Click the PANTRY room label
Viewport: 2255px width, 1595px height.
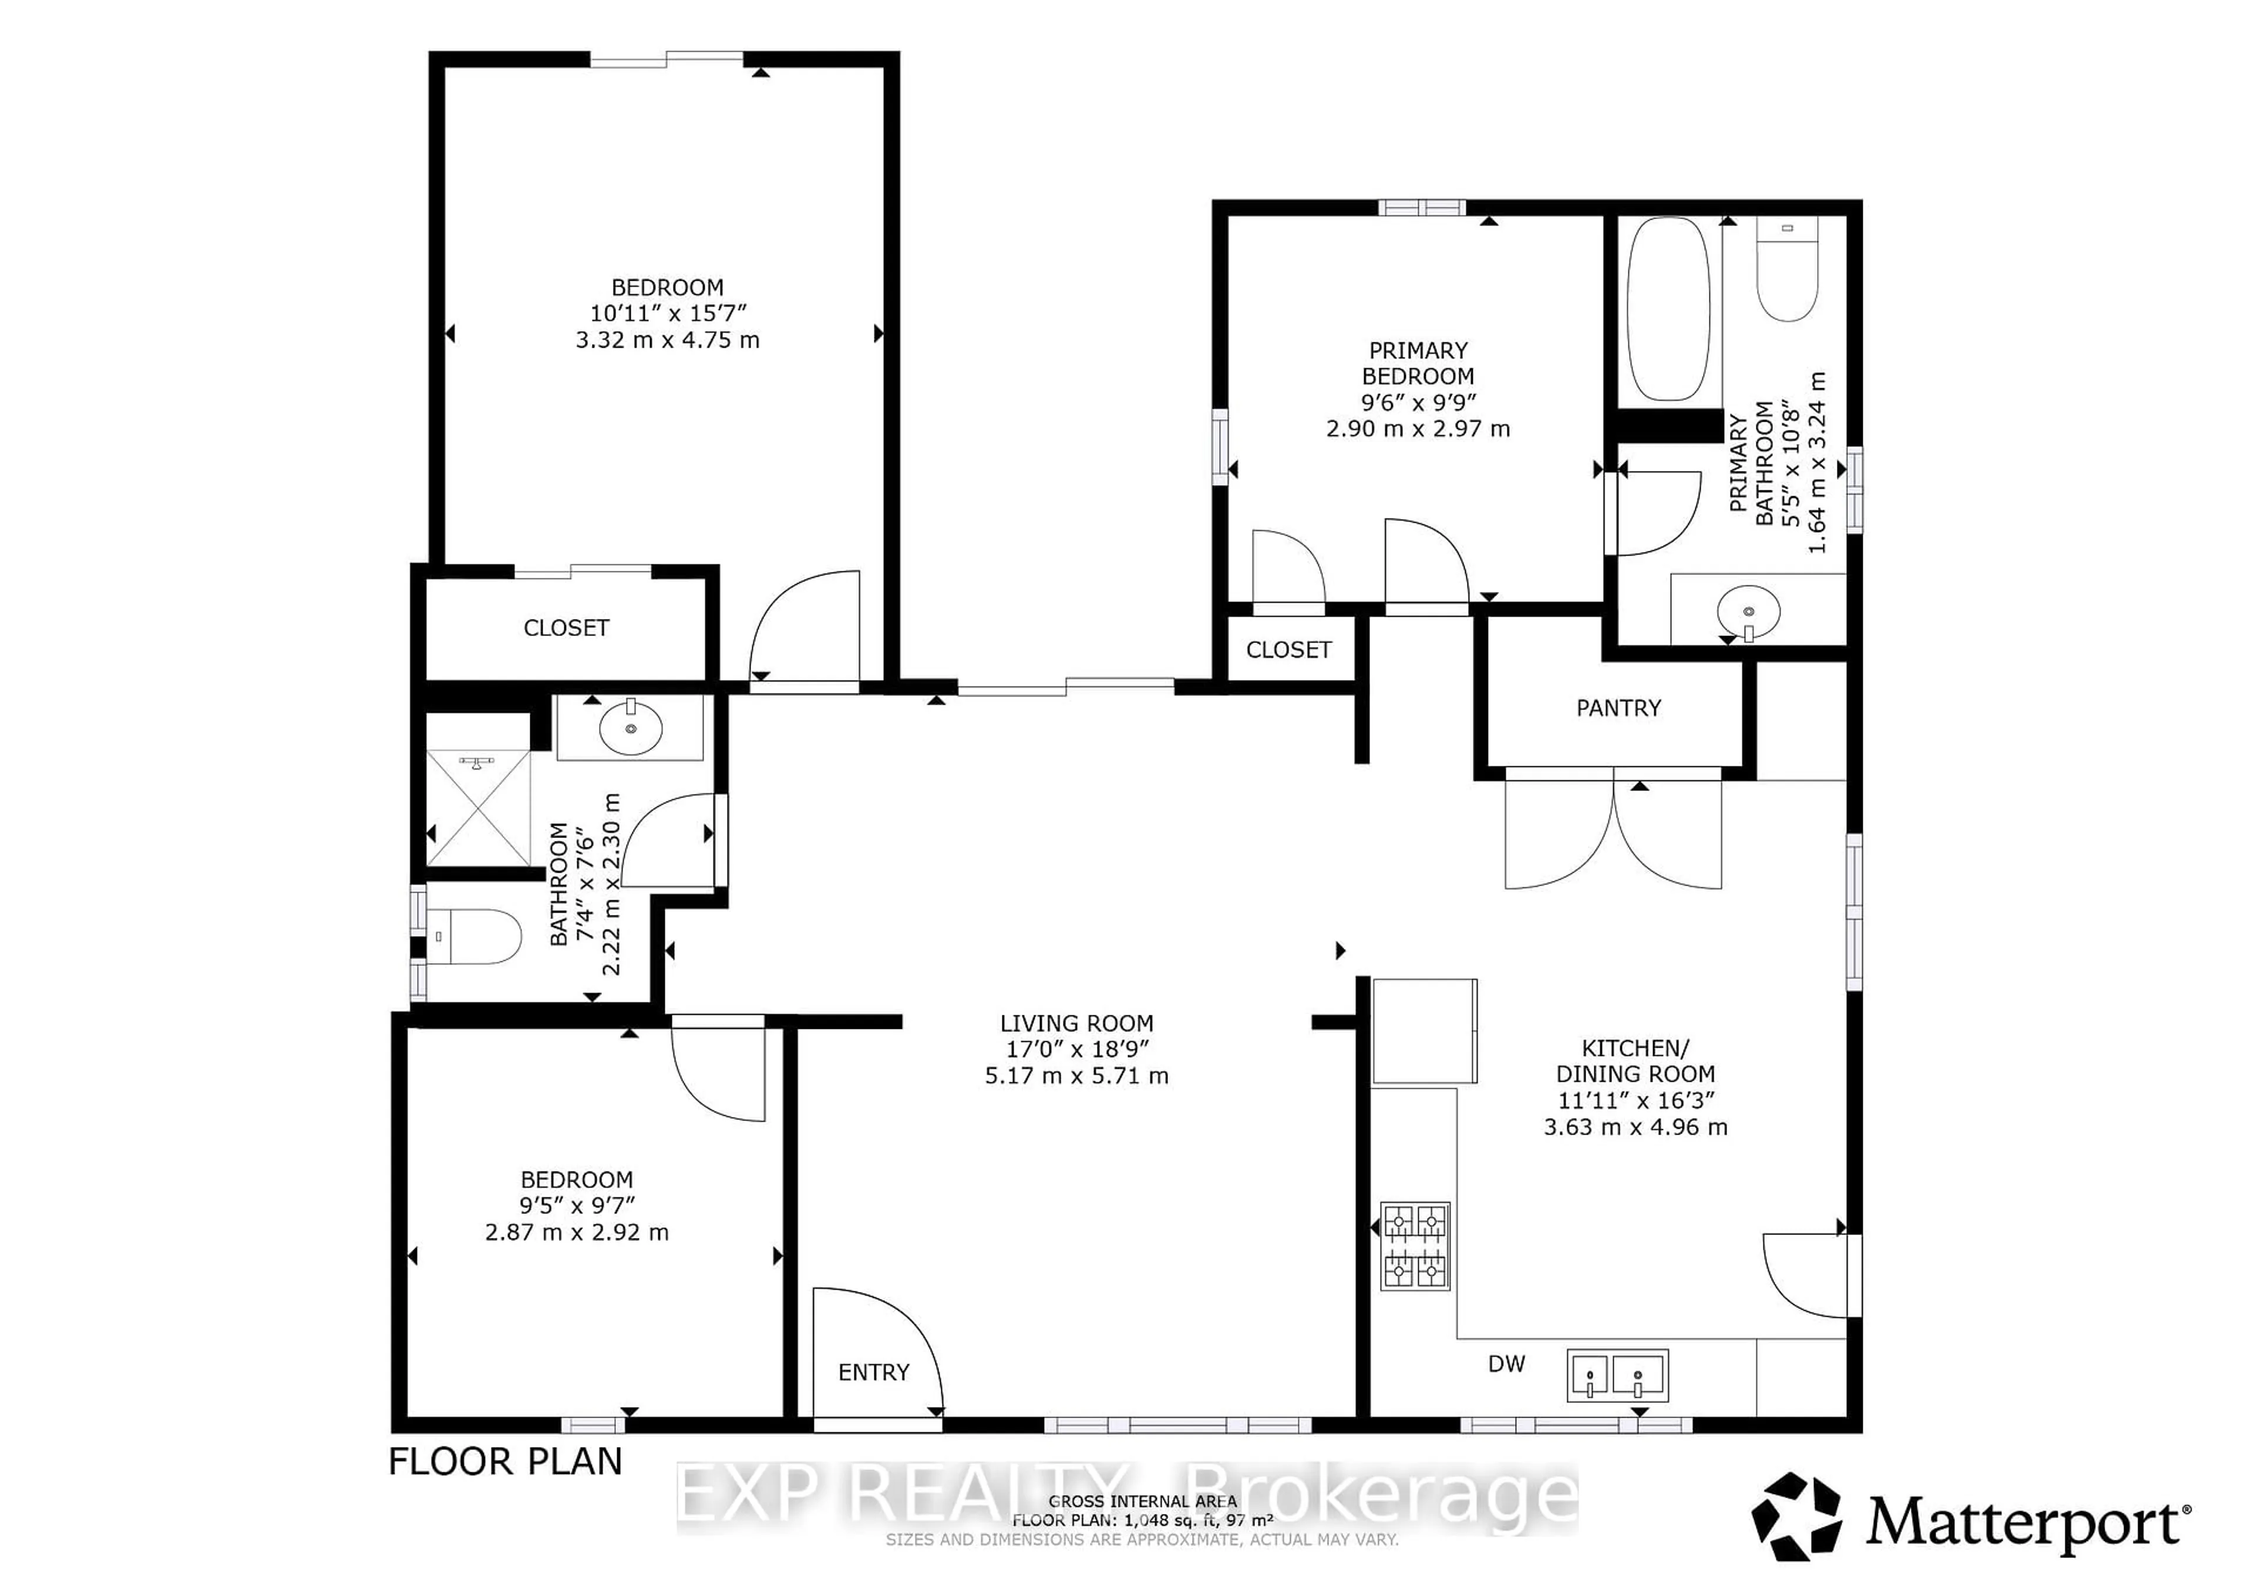tap(1618, 708)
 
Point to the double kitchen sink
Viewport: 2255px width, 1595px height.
tap(1617, 1375)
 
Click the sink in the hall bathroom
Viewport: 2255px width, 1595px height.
tap(631, 727)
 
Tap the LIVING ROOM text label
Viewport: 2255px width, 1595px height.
tap(1076, 1024)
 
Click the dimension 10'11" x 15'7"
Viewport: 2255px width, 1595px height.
tap(668, 314)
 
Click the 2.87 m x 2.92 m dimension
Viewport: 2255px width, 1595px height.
tap(577, 1233)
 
